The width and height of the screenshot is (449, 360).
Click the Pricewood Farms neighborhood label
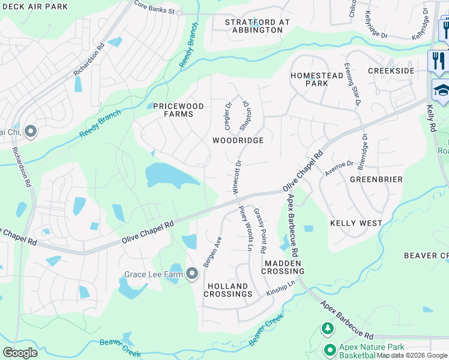click(178, 110)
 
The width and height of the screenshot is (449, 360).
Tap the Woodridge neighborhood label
click(238, 140)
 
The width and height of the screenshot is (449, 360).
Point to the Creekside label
click(391, 71)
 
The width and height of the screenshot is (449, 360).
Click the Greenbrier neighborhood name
click(376, 179)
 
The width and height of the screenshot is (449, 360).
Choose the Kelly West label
click(356, 223)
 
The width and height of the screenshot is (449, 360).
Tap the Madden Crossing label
click(283, 267)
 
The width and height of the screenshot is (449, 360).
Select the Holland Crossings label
click(228, 290)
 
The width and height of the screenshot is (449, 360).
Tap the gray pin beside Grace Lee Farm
click(192, 274)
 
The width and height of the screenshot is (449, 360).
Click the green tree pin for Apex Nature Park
click(328, 329)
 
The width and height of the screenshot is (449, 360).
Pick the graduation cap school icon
click(441, 91)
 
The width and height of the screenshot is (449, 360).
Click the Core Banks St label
click(154, 10)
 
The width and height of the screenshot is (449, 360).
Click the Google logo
click(20, 353)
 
